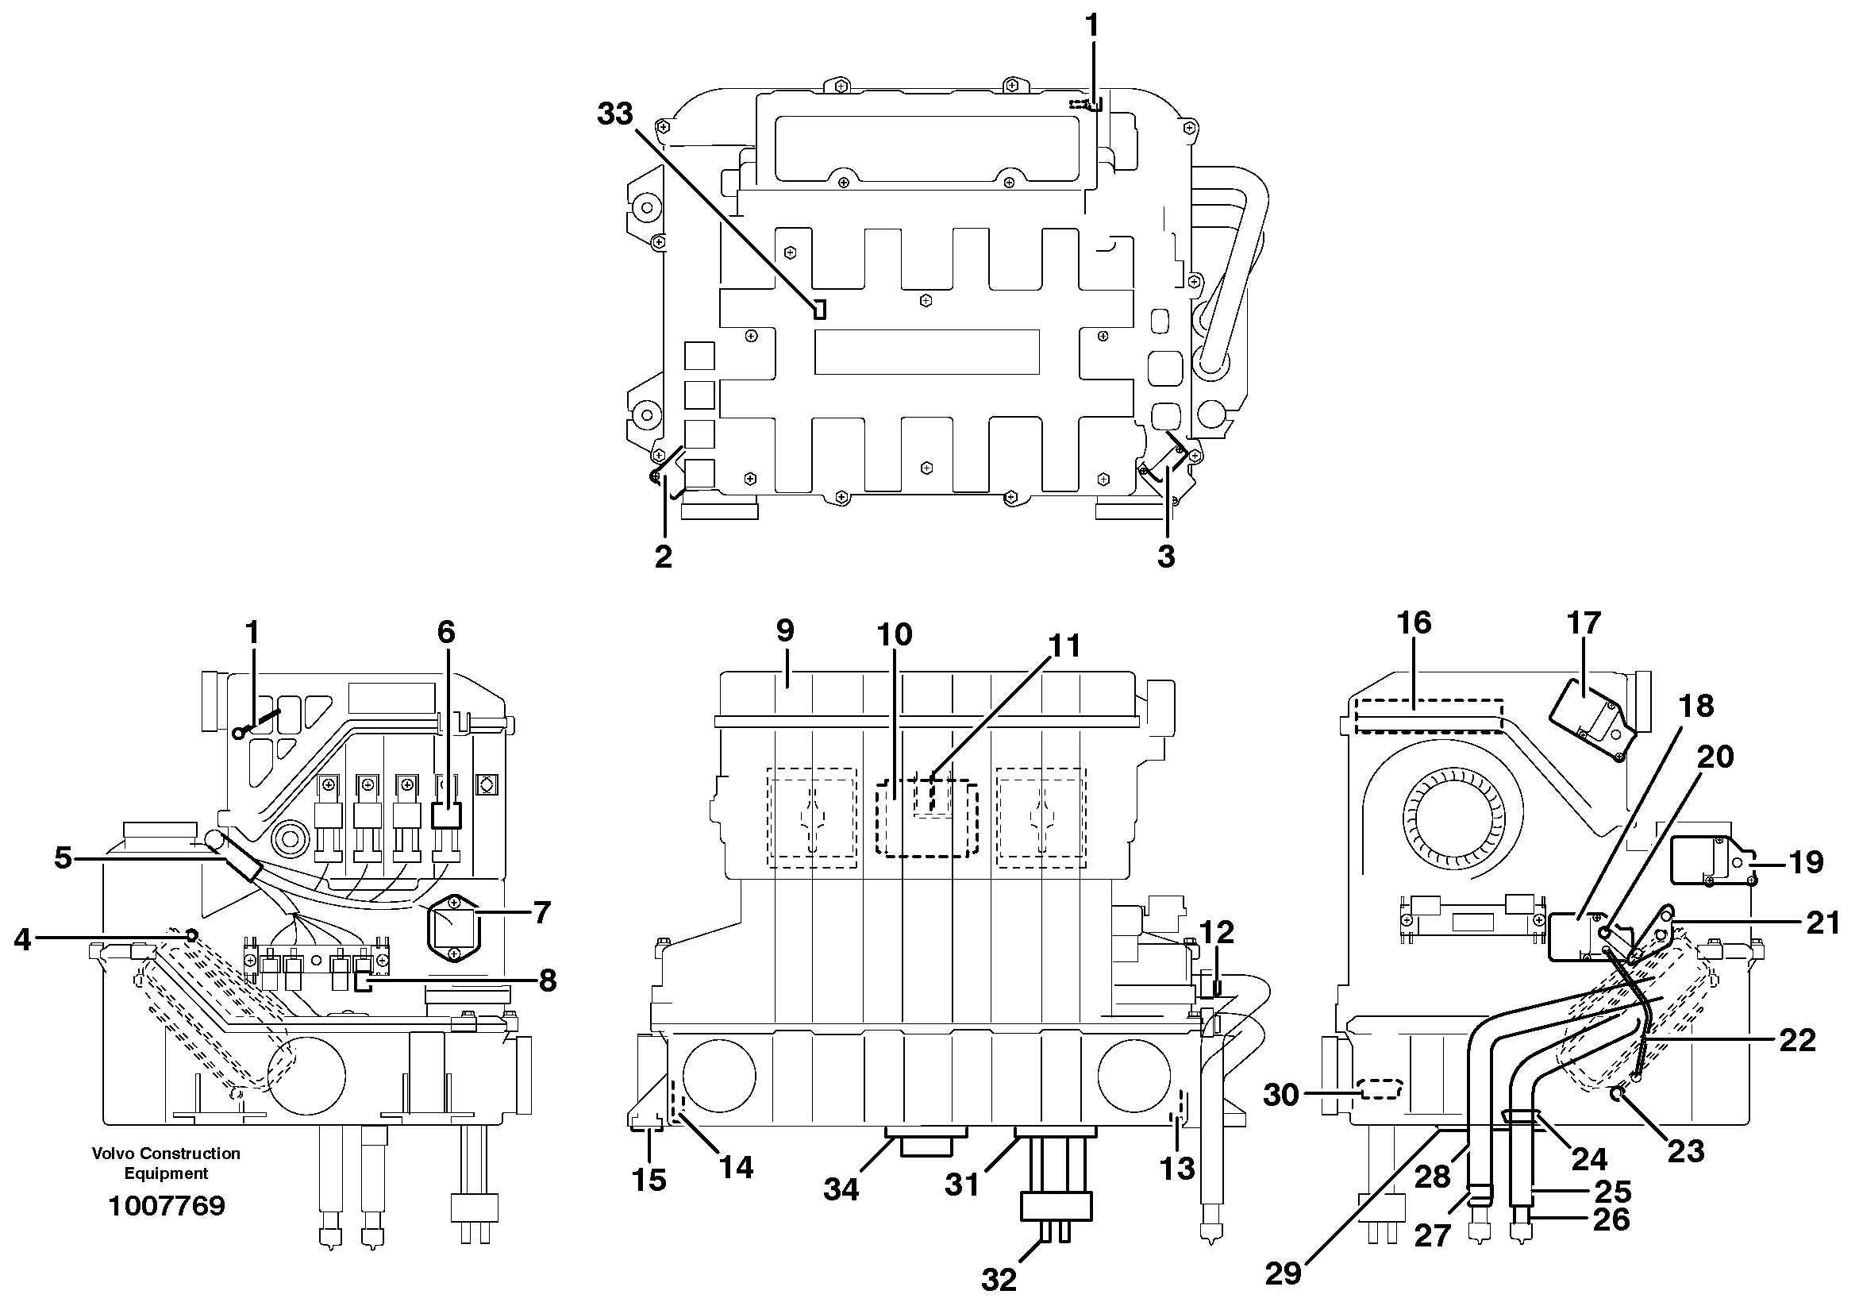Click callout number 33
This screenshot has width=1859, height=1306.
[x=614, y=114]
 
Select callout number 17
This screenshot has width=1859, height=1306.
[x=1584, y=622]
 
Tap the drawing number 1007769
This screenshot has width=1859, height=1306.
[x=166, y=1206]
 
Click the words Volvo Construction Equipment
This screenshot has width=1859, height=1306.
[x=166, y=1162]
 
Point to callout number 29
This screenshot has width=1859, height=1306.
[x=1283, y=1273]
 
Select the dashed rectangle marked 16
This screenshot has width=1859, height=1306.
[x=1429, y=716]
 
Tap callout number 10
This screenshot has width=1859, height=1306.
[x=894, y=635]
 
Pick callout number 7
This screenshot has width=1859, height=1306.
[x=541, y=912]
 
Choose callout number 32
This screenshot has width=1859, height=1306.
[x=999, y=1279]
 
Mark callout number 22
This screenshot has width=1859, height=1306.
[x=1796, y=1039]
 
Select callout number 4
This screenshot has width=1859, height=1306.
[x=22, y=939]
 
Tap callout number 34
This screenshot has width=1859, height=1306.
[x=841, y=1188]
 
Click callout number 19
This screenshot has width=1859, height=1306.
[x=1806, y=861]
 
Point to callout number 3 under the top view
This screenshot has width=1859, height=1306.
[x=1165, y=557]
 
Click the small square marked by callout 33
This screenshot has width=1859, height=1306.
[x=819, y=309]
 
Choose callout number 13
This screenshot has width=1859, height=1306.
[x=1176, y=1168]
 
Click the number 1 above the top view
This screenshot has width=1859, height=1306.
[x=1091, y=27]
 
